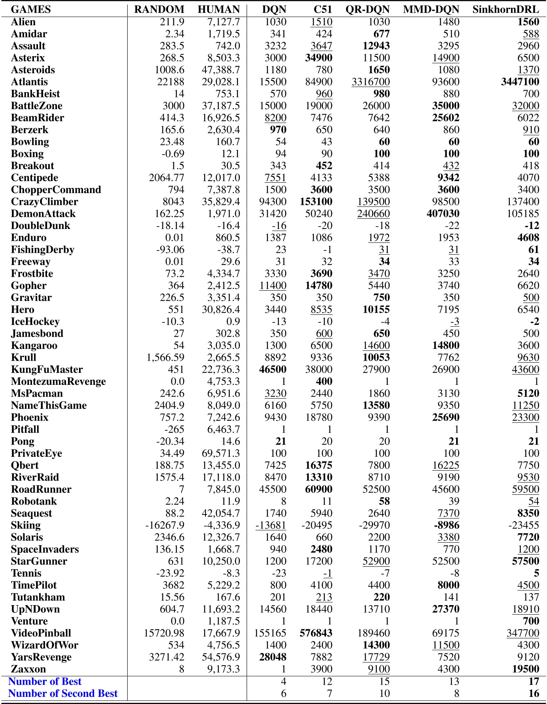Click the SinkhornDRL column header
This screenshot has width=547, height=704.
coord(506,9)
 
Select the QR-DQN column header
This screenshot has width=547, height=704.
coord(368,9)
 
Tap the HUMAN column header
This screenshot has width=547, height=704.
coord(219,9)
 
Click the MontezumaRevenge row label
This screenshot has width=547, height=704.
coord(58,381)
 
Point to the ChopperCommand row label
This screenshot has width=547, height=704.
coord(56,189)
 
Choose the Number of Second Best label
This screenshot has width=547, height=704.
coord(63,693)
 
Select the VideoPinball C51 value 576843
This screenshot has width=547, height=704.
coord(316,633)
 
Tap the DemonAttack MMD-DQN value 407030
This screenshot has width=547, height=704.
coord(443,214)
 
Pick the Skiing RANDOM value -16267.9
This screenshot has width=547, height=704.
coord(165,525)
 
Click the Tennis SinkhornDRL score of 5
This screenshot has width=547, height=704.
coord(536,573)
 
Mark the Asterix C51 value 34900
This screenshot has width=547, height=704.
coord(319,58)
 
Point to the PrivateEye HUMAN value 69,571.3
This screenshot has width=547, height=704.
coord(221,453)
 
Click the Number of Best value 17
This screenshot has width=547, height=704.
coord(534,681)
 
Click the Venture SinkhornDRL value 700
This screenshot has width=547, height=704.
coord(531,621)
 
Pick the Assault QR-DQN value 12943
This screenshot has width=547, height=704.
coord(376,46)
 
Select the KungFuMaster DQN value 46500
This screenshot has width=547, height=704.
coord(273,369)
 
